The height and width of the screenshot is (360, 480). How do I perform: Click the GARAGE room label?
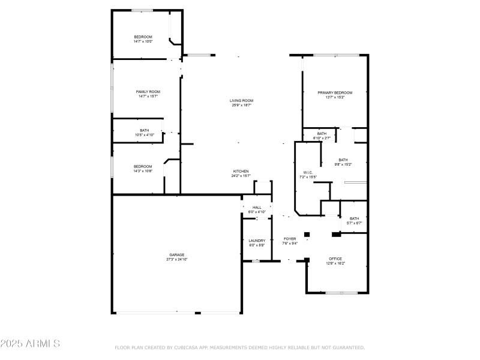(176, 254)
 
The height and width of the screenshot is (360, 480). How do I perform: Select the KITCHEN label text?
(241, 171)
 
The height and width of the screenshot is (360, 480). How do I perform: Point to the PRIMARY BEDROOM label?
(335, 92)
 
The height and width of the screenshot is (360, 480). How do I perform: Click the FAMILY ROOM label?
(148, 91)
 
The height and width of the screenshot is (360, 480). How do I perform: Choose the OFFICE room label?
(335, 259)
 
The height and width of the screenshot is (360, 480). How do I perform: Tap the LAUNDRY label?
(257, 241)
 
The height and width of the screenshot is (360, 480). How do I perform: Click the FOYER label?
(290, 239)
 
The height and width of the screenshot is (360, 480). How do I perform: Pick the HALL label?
(257, 208)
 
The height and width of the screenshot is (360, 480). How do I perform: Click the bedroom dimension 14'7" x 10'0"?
(143, 41)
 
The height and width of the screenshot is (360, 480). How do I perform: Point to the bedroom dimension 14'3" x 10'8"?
(143, 171)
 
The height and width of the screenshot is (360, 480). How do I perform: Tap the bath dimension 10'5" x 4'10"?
(144, 135)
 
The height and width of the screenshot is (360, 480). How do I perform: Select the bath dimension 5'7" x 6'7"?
(354, 223)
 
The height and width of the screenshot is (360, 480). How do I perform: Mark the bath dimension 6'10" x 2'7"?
(322, 138)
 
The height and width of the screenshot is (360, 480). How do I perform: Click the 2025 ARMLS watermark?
(30, 344)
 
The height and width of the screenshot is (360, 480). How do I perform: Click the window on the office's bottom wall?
(341, 293)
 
